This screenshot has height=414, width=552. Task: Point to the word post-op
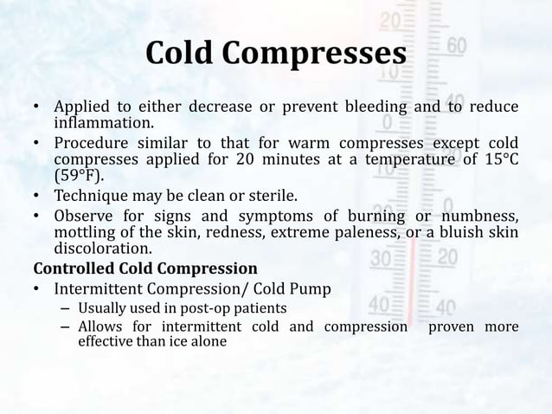(x=209, y=308)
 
